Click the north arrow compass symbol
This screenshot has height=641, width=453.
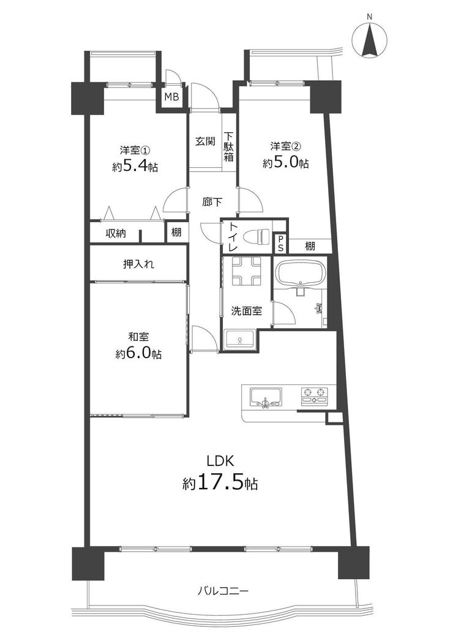coord(369,40)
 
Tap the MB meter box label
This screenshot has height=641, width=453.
coord(171,97)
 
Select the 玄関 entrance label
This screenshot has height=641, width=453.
coord(205,142)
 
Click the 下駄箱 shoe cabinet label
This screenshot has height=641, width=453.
coord(228,146)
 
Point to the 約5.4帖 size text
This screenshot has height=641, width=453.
coord(135,167)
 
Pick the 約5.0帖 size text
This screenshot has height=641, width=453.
coord(285,163)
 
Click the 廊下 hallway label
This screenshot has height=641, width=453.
coord(212,202)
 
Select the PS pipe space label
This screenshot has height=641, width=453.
coord(281,244)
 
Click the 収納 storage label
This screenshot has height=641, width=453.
coord(116,233)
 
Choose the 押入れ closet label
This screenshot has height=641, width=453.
coord(138,264)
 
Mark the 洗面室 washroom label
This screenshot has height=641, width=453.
coord(246,311)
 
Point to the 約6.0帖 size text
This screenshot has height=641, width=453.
coord(138,354)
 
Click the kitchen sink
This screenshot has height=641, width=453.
coord(266,397)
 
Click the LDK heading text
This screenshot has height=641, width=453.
coord(220,461)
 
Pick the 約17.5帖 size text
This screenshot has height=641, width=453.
coord(220,483)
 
